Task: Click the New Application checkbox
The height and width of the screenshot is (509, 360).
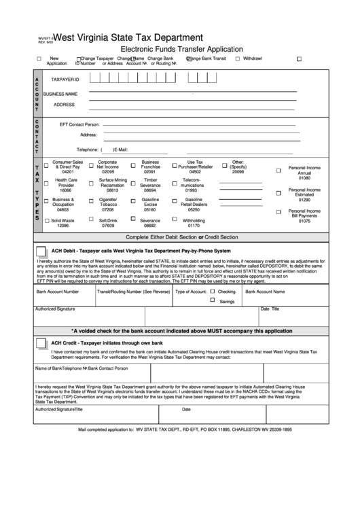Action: (x=39, y=59)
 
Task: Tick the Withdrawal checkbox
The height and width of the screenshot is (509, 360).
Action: (x=237, y=59)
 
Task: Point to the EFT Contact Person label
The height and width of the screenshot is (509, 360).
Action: (x=79, y=125)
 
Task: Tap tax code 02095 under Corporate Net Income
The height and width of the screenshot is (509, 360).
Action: (x=108, y=173)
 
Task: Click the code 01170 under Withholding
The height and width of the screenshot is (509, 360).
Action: (x=194, y=225)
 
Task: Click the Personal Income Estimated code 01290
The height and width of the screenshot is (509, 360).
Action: (x=304, y=200)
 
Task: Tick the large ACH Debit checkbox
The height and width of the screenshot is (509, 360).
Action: (x=41, y=250)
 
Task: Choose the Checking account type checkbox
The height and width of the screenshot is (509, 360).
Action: (x=212, y=291)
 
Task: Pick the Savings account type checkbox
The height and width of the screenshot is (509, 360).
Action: (x=212, y=300)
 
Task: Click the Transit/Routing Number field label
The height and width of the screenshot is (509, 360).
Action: (x=133, y=292)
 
